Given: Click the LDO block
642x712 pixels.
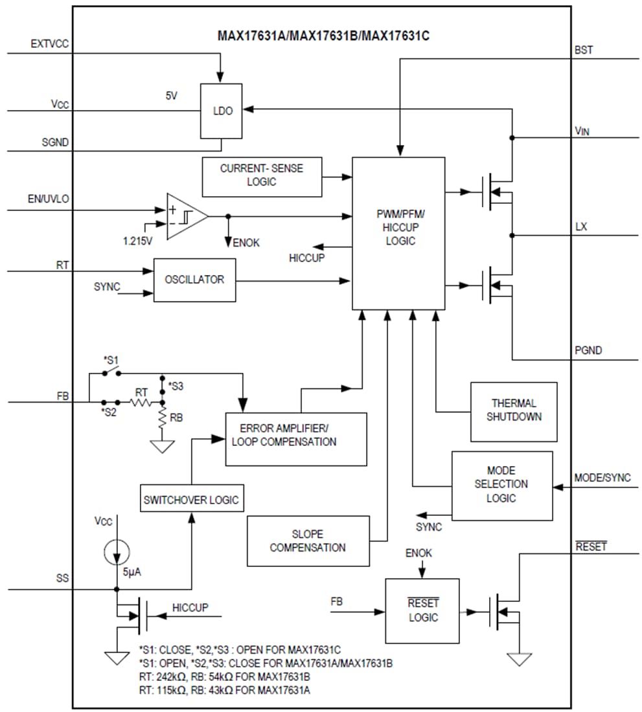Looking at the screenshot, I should click(221, 111).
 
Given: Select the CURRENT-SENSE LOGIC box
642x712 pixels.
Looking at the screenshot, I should click(262, 175).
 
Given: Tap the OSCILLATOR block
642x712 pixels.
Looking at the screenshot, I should click(194, 280).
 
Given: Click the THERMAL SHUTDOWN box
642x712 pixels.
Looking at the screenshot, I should click(514, 411).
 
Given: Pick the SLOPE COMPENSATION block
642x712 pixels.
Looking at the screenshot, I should click(308, 541).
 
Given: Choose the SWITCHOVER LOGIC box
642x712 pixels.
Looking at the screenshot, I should click(191, 500).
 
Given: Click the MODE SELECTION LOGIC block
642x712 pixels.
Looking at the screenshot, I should click(501, 485).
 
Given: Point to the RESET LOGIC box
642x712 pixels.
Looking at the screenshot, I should click(422, 610).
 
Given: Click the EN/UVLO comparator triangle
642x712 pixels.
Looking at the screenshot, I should click(184, 216).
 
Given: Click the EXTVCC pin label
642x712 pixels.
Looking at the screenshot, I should click(50, 44).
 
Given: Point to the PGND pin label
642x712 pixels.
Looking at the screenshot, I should click(588, 350).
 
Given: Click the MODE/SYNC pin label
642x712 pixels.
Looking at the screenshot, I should click(602, 478).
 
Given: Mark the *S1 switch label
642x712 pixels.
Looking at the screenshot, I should click(110, 359).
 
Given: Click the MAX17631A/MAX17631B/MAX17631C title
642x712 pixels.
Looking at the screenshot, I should click(323, 36).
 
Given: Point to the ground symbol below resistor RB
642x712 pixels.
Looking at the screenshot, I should click(162, 446).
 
